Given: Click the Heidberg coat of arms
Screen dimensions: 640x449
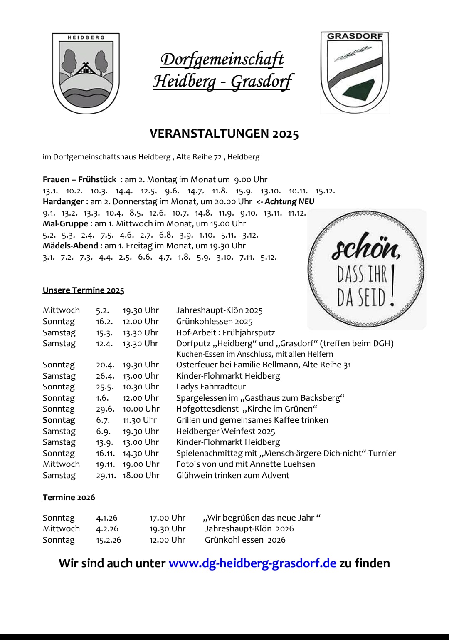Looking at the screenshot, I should point(86,73).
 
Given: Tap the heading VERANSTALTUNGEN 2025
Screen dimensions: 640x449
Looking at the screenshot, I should point(224,134).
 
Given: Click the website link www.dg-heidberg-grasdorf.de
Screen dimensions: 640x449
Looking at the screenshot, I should point(252,563).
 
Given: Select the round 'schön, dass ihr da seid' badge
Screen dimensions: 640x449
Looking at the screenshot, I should point(366,269).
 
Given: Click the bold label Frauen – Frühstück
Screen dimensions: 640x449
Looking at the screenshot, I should point(79,179).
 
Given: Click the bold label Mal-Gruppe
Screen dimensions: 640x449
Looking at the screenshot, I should point(65,223).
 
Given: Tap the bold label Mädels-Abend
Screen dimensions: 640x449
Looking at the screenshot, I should point(70,246).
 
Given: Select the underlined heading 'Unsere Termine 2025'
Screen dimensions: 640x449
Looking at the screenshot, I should point(83,290).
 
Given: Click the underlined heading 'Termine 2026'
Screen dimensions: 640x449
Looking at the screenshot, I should point(69,497).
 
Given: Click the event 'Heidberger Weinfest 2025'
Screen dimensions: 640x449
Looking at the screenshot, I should point(225,431).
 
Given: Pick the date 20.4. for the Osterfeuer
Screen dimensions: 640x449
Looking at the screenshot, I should point(105,365).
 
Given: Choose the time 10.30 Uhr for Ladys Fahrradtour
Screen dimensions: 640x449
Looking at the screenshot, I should point(141,387).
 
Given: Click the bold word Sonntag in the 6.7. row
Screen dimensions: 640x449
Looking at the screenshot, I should point(59,420).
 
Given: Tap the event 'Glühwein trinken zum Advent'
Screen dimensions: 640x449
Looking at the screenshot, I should point(232,475).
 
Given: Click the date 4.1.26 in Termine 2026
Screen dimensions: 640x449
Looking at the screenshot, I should point(106,518).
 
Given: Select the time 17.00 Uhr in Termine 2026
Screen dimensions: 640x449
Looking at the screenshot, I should point(167,518).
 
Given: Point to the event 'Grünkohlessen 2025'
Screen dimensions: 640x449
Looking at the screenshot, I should point(214,321).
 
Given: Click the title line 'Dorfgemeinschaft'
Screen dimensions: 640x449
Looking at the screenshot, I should point(222,60).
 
